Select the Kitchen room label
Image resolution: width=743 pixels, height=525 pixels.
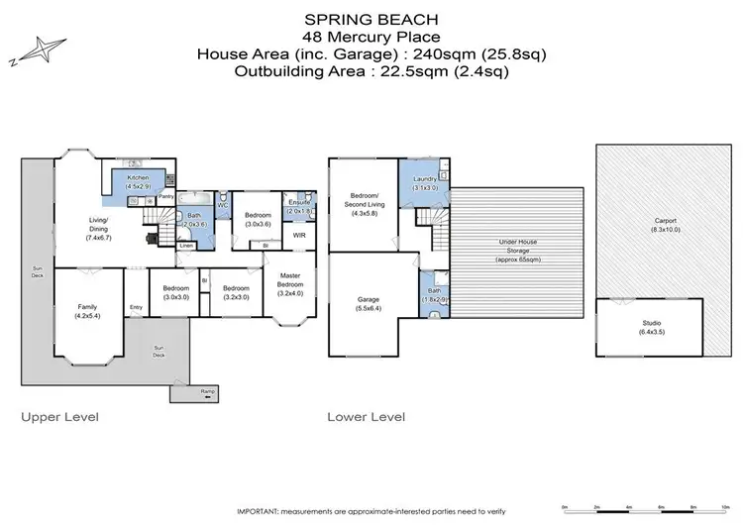click(137, 177)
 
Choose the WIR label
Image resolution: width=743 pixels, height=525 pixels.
click(298, 236)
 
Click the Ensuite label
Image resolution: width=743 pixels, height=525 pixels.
click(298, 202)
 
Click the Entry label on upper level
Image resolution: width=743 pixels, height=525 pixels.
click(136, 307)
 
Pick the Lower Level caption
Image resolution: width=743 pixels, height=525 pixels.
click(366, 417)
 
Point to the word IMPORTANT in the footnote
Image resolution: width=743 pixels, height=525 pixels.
click(261, 510)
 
